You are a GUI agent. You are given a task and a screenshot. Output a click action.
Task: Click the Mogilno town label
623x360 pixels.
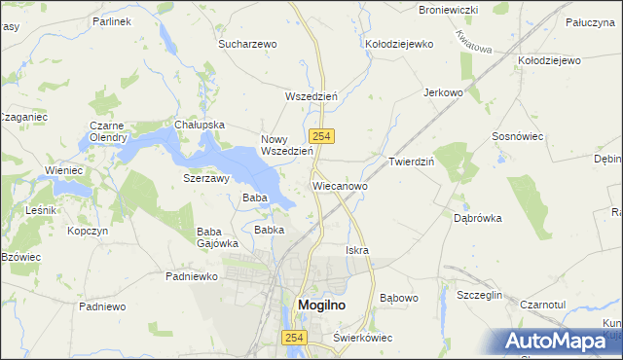click(x=318, y=306)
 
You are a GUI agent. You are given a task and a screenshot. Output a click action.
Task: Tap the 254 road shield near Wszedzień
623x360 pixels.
click(x=319, y=137)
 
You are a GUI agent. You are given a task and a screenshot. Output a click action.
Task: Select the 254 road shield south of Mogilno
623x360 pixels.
click(x=294, y=337)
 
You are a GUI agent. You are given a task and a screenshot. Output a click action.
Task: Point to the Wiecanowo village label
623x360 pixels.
click(x=340, y=184)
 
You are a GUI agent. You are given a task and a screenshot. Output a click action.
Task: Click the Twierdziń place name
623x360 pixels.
click(x=411, y=162)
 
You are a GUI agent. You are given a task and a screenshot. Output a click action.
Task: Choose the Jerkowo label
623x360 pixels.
click(x=443, y=92)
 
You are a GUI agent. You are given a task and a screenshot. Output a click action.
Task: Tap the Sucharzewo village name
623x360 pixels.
click(x=248, y=44)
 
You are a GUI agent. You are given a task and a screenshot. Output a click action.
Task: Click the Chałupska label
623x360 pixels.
click(x=200, y=125)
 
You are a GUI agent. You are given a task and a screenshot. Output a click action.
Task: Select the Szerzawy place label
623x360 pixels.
click(x=206, y=179)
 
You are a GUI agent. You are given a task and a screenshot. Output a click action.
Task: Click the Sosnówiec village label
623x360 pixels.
click(x=518, y=137)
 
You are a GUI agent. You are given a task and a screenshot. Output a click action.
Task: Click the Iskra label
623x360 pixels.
click(x=357, y=250)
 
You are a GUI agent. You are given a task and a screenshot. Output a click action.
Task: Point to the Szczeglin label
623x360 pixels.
click(x=479, y=294)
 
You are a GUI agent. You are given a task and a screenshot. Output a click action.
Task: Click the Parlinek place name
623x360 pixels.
click(x=112, y=20)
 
